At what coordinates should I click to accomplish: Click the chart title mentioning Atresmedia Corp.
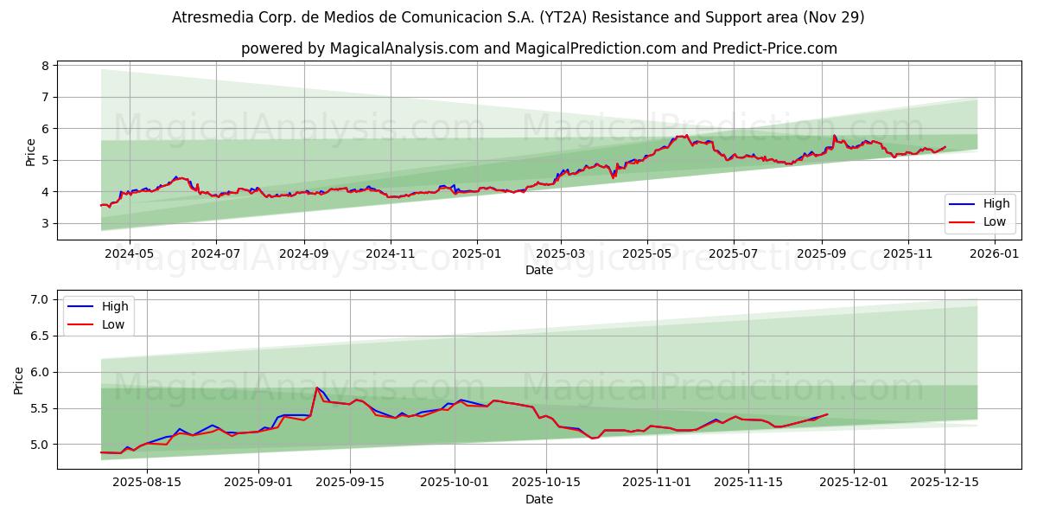518,17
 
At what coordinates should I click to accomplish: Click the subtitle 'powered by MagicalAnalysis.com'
538,48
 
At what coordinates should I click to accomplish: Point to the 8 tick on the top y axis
43,66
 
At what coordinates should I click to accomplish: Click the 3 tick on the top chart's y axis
43,223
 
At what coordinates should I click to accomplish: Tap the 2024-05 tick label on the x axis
129,254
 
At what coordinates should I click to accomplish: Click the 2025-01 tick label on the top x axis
477,254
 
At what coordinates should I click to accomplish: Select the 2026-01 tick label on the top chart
996,254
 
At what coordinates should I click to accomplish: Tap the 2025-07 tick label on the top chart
733,254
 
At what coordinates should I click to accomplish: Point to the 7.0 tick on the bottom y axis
38,299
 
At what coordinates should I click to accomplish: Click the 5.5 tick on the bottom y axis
38,408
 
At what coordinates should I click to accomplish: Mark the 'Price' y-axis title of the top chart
30,152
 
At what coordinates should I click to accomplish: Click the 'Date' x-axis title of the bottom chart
538,499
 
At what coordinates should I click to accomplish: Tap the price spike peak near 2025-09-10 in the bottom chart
317,388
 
